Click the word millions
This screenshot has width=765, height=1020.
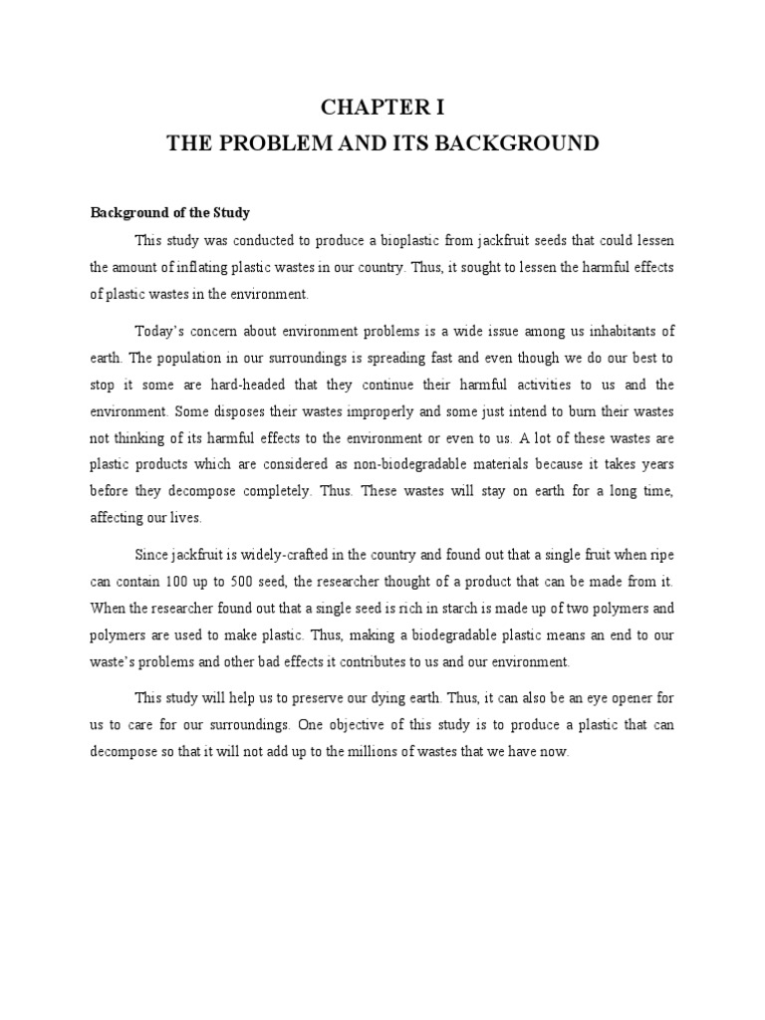point(401,752)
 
